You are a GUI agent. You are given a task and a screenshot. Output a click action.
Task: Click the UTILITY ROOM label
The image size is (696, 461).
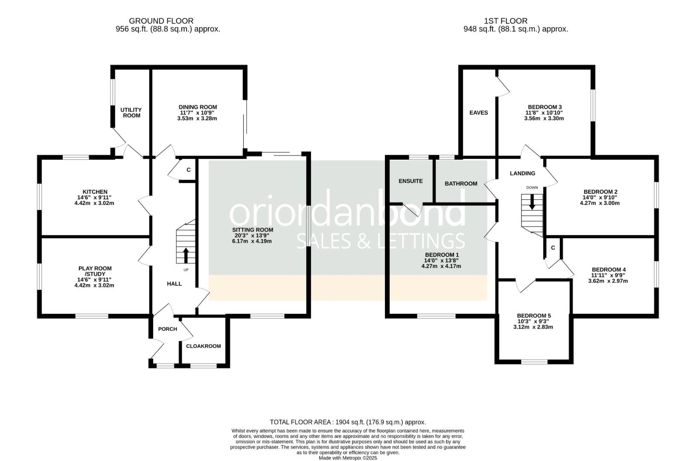click(x=131, y=113)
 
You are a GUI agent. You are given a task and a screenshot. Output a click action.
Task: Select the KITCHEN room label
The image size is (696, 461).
click(x=95, y=192)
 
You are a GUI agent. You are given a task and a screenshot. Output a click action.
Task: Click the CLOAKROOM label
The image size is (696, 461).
click(x=203, y=346)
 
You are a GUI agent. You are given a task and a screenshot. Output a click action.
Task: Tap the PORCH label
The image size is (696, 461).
click(x=167, y=329)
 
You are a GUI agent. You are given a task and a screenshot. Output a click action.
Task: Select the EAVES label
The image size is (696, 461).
click(x=478, y=113)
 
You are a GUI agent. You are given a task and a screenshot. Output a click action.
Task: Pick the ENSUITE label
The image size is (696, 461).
click(x=411, y=181)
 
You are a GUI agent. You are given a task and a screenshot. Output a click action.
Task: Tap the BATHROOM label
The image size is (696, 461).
click(x=461, y=184)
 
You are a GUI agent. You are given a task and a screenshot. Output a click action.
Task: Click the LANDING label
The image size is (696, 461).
click(x=522, y=173)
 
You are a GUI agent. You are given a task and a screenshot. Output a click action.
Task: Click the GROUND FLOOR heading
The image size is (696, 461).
click(x=161, y=20)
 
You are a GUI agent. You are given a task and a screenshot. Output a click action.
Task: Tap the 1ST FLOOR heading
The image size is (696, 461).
click(x=506, y=20)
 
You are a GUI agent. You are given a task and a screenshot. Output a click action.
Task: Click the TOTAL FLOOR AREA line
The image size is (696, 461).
click(x=348, y=422)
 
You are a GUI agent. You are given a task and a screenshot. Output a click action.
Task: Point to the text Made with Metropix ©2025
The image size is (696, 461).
click(x=348, y=458)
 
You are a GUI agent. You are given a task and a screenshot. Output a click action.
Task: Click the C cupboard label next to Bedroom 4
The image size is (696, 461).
click(x=553, y=248)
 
